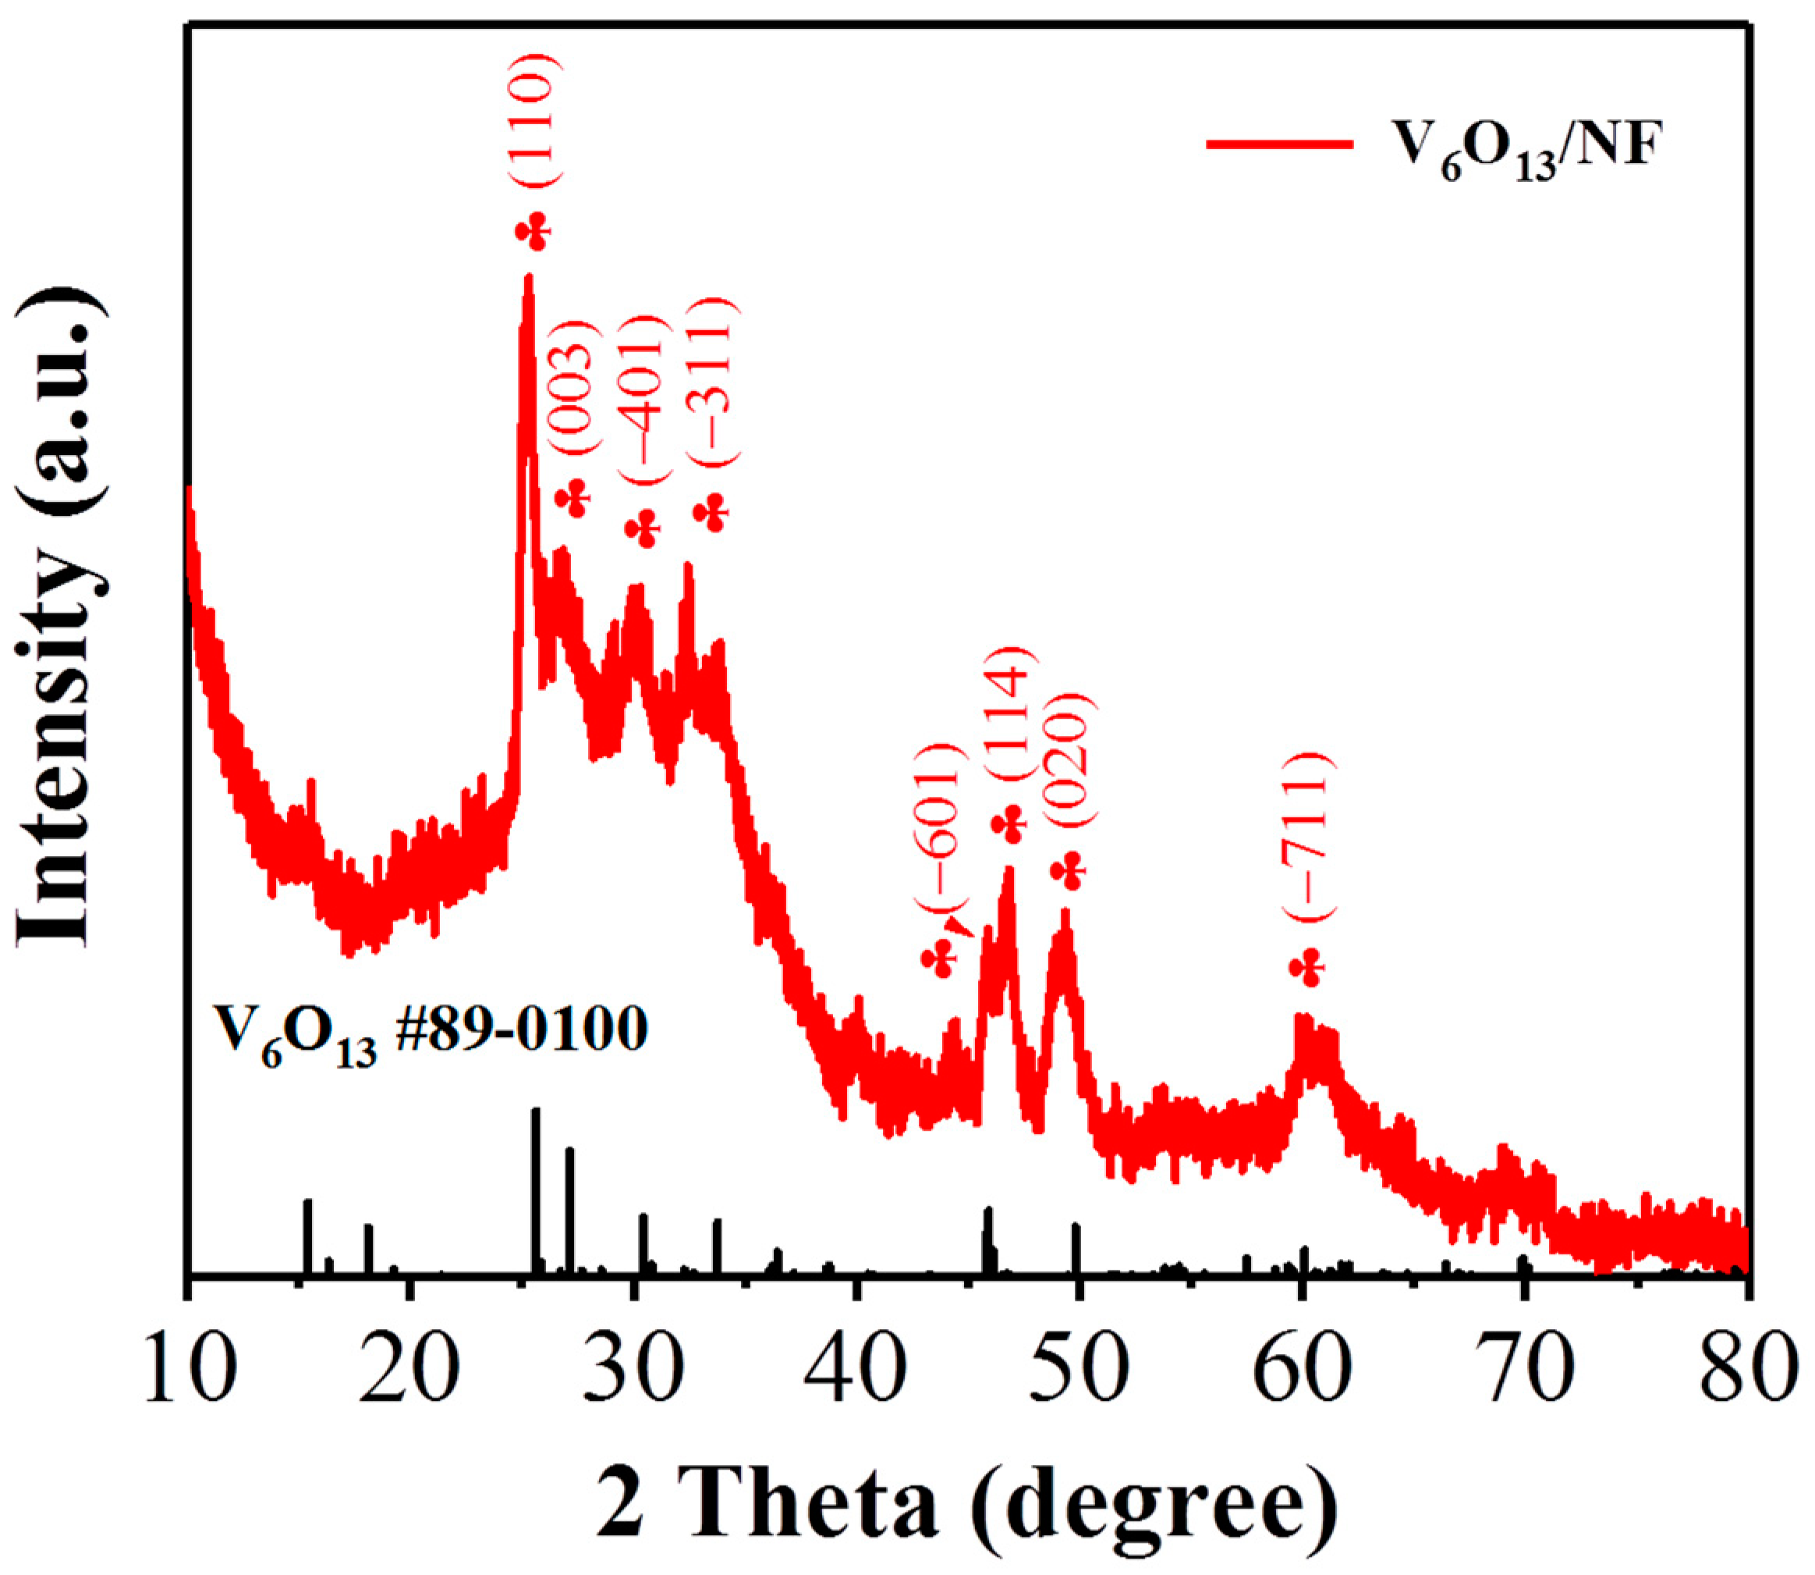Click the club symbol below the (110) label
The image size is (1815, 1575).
point(534,232)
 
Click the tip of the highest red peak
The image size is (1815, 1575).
point(528,278)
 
